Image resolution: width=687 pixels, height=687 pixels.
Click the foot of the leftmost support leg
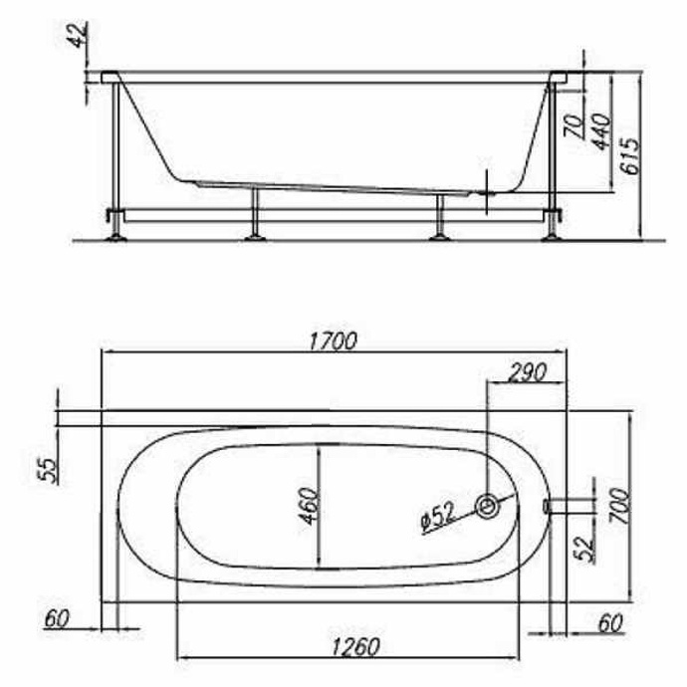[116, 236]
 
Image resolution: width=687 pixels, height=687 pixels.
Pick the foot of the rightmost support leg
[550, 236]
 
